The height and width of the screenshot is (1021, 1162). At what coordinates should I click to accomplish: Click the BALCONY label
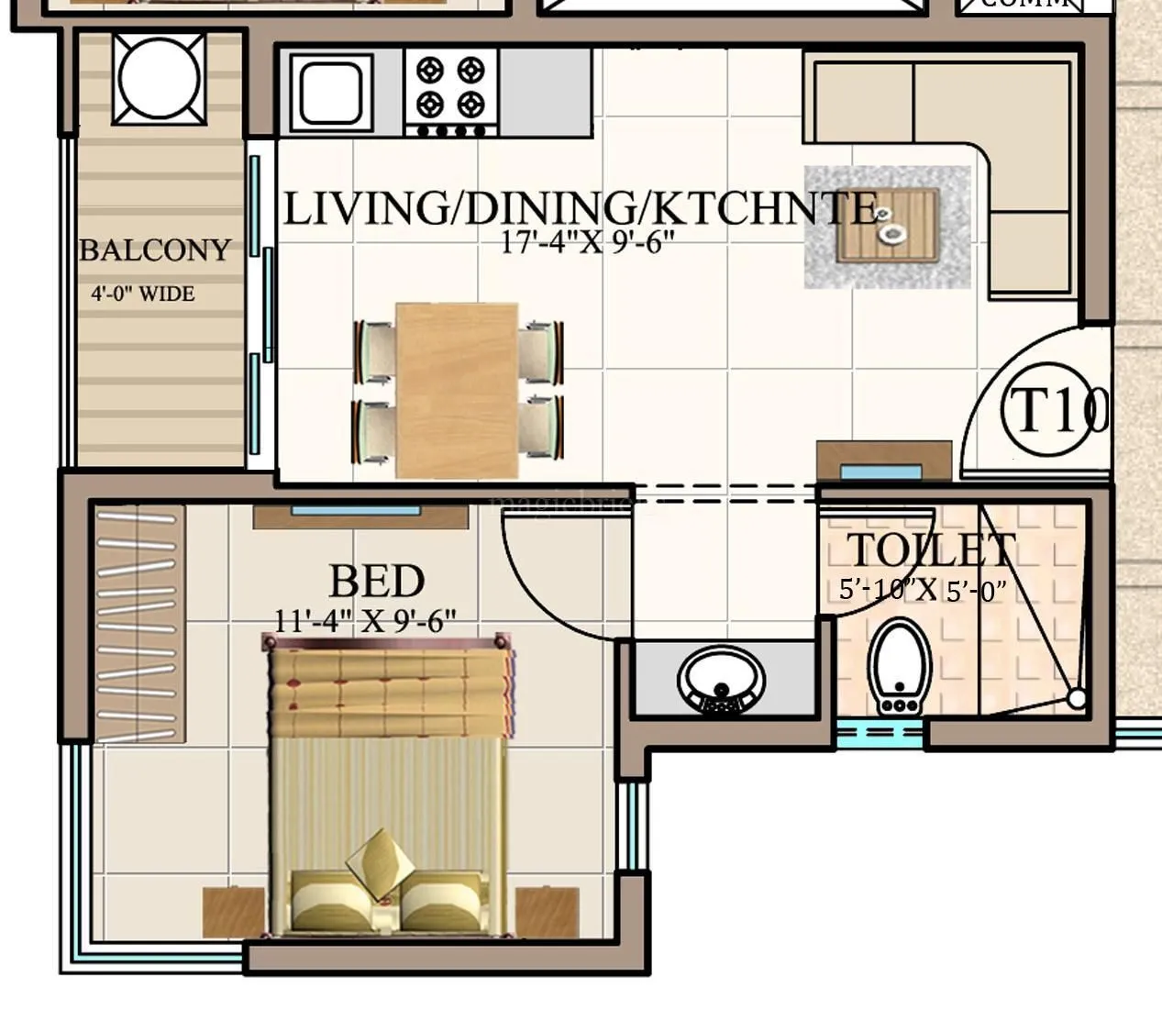tap(154, 250)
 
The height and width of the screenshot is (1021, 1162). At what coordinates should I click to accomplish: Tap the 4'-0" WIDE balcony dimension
tap(142, 294)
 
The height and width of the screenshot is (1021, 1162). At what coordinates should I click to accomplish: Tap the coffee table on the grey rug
tap(889, 225)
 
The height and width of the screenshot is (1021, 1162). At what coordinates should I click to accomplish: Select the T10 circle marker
tap(1053, 411)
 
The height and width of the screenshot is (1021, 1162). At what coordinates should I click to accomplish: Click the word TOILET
tap(930, 550)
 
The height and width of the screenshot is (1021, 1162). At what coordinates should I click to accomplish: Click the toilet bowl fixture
tap(900, 667)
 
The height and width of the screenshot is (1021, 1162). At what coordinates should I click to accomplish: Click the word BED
tap(376, 582)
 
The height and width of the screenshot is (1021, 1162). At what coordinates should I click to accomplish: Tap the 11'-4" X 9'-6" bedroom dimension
tap(364, 621)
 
